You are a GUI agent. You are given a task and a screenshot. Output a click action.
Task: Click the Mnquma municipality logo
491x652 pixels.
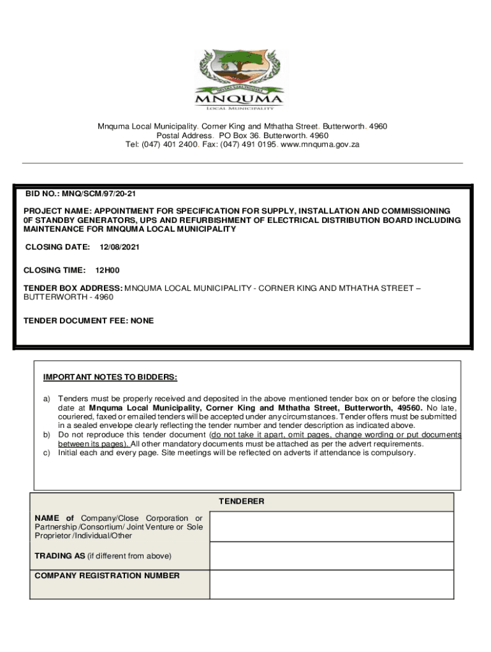click(x=239, y=80)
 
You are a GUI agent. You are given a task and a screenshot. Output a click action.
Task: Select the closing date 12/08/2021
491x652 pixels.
click(x=120, y=246)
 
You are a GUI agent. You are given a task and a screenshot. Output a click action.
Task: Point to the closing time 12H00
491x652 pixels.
click(x=108, y=270)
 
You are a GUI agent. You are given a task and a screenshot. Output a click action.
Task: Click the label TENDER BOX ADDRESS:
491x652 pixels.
click(x=73, y=288)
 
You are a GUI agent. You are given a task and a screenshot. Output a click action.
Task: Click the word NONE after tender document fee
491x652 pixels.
click(x=142, y=321)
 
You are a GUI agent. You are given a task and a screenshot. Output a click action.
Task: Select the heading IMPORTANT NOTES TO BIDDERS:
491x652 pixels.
click(x=110, y=377)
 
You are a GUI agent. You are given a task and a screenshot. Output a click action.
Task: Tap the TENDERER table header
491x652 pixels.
click(x=242, y=502)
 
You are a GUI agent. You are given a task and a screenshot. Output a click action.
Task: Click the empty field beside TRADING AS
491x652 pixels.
click(x=332, y=556)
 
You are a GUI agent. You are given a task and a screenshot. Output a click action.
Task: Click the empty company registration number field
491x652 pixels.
click(x=332, y=585)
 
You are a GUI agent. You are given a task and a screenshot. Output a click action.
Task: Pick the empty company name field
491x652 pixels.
click(x=332, y=527)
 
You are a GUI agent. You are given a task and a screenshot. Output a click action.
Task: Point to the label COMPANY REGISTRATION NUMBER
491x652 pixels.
click(x=106, y=576)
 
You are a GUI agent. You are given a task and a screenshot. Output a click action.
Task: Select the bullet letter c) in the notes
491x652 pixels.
click(x=47, y=453)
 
